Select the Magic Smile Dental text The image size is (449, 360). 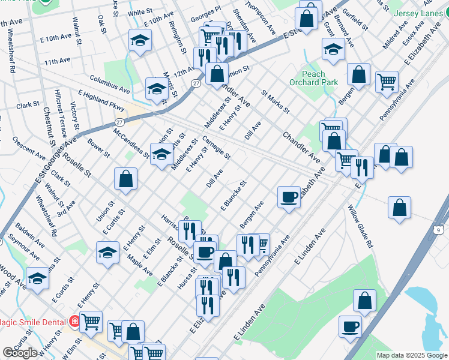point(32,322)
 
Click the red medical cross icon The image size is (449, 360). point(74,322)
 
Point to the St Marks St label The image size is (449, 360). point(276,103)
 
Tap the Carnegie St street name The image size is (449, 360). point(217,148)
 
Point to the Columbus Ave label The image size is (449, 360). point(110,83)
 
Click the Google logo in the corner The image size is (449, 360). point(20,353)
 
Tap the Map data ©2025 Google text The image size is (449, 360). point(412,355)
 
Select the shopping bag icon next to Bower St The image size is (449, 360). point(126,178)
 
